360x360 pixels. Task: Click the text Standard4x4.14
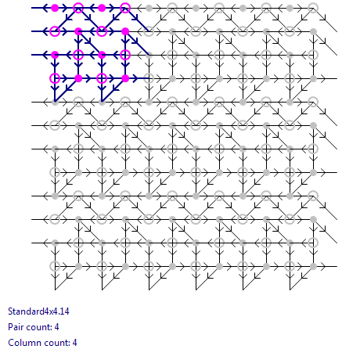[38, 311]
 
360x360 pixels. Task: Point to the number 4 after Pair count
[56, 327]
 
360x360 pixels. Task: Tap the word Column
[22, 343]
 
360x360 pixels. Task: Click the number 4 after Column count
[74, 343]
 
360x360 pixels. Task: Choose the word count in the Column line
[54, 343]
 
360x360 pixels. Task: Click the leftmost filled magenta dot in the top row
[55, 8]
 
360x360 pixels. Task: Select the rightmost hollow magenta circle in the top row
[125, 8]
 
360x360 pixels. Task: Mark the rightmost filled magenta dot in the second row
[125, 31]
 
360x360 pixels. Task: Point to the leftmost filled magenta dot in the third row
[55, 55]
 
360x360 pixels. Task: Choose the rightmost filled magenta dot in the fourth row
[125, 78]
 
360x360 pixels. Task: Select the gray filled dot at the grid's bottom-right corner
[313, 266]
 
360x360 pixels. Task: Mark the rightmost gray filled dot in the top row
[290, 8]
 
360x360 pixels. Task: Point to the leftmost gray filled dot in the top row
[149, 8]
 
